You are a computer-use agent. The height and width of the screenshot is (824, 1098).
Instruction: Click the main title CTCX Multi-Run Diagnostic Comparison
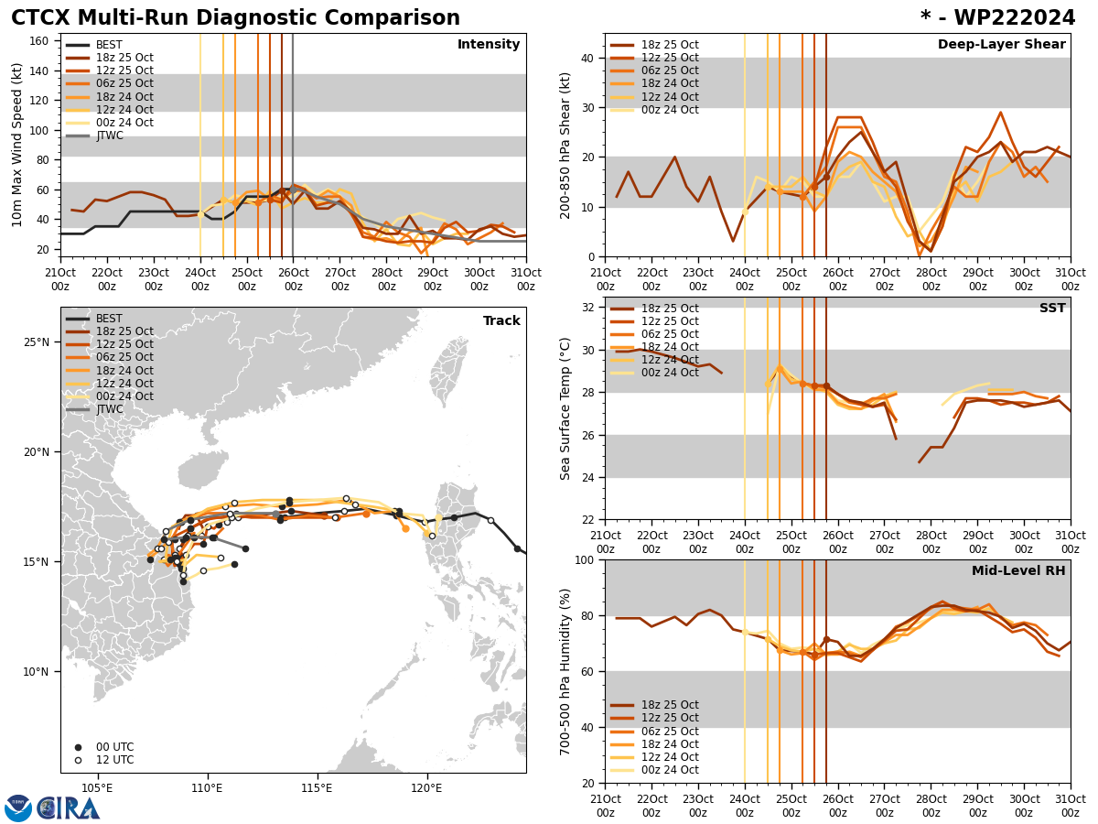point(235,18)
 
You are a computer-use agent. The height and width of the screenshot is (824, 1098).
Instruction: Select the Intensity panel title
point(489,45)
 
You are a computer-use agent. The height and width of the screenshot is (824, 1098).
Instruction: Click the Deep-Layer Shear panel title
point(1001,45)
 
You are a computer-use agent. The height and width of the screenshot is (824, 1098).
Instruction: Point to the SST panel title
point(1051,309)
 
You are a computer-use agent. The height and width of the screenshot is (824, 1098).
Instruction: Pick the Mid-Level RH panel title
point(1018,571)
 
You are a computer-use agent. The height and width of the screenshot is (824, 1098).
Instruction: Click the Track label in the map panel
point(501,321)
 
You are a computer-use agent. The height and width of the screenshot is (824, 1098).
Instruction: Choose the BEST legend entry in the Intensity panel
point(109,45)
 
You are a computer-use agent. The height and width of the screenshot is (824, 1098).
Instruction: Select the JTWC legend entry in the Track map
point(109,409)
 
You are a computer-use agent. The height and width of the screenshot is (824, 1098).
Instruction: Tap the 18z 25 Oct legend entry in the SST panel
point(670,309)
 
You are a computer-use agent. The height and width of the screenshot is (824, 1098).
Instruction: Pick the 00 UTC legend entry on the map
point(114,747)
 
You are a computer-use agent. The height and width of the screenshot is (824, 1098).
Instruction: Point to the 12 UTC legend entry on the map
point(114,760)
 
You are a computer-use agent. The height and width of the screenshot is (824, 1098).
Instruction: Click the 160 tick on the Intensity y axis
point(42,41)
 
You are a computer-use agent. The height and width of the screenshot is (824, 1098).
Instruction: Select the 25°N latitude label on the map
point(37,342)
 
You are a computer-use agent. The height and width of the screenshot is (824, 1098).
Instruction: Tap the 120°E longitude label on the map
point(426,787)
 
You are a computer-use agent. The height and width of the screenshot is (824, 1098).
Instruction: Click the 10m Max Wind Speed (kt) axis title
point(17,145)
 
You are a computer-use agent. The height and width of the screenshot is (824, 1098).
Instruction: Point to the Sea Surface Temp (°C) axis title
point(565,408)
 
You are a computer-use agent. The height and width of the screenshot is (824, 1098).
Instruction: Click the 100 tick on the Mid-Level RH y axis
point(586,559)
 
